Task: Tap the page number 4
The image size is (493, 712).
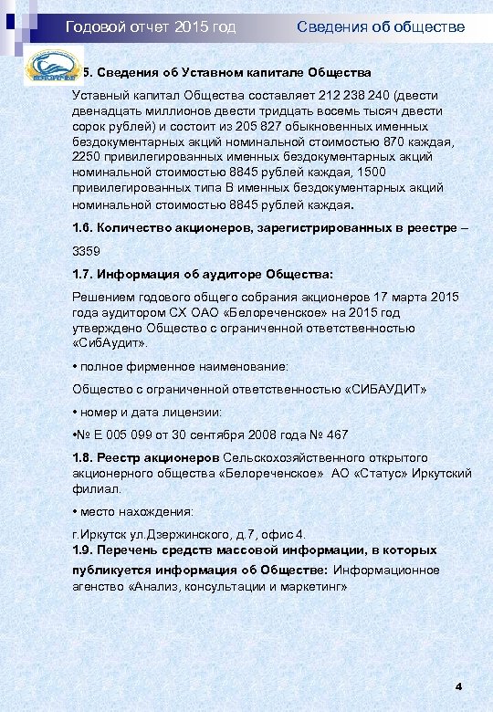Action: pyautogui.click(x=458, y=686)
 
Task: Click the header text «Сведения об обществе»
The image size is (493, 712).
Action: pyautogui.click(x=381, y=27)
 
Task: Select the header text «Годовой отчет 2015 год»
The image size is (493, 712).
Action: pyautogui.click(x=151, y=27)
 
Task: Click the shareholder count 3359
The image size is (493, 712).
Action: pyautogui.click(x=87, y=250)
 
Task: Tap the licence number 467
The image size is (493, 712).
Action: pyautogui.click(x=336, y=435)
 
